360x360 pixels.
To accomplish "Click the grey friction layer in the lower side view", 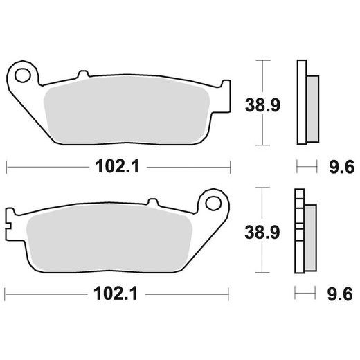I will [x=310, y=235].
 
